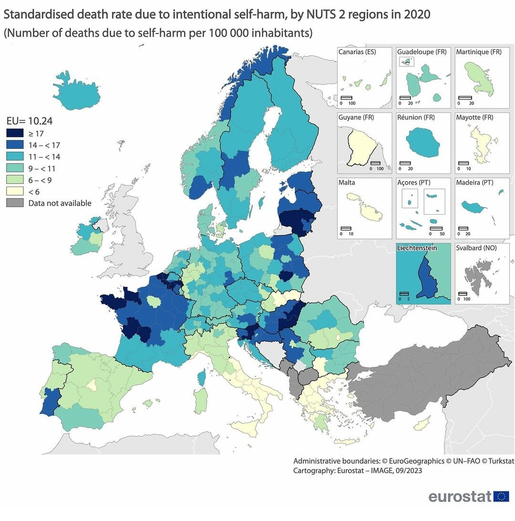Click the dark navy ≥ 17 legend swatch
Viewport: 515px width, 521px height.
click(14, 134)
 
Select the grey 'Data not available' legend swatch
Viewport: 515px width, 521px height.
click(14, 203)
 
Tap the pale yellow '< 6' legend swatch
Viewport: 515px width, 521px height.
click(14, 192)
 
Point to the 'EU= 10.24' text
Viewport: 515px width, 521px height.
click(29, 121)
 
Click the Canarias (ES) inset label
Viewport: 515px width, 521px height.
click(357, 52)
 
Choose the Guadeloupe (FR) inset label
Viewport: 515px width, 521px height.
click(422, 52)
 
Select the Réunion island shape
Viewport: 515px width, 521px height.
click(422, 142)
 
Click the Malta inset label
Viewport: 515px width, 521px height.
click(347, 182)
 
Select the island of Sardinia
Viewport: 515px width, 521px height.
click(201, 400)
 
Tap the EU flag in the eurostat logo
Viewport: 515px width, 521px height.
click(501, 496)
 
